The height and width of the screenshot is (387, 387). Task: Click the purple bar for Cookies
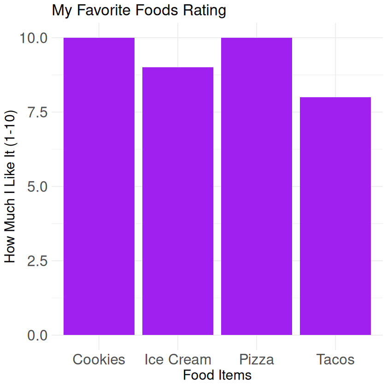tap(99, 186)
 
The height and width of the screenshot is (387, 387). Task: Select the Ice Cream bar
tap(178, 201)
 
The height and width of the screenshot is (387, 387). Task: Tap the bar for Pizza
tap(257, 186)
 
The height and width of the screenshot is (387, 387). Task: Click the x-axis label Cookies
tap(99, 359)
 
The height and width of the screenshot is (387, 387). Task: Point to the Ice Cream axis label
tap(178, 359)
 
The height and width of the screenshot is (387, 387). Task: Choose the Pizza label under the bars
tap(257, 359)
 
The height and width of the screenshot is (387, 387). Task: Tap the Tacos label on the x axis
tap(335, 359)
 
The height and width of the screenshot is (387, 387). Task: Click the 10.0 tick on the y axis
tap(34, 38)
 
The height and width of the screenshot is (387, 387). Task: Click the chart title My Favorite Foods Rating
tap(139, 10)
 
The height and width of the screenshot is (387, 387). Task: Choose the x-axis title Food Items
tap(217, 375)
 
